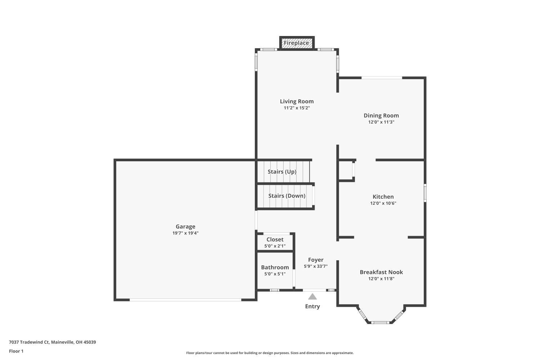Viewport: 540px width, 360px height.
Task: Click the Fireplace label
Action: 296,43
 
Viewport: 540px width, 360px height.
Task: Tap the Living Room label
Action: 297,102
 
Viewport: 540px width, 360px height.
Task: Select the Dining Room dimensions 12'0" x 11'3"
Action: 381,122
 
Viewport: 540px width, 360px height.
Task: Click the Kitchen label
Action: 383,197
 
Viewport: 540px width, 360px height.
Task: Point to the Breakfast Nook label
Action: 381,272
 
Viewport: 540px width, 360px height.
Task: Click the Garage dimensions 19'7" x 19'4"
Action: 185,233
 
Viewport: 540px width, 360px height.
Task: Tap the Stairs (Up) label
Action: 282,172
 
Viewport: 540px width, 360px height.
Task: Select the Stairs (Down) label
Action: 287,196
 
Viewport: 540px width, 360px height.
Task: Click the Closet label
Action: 275,239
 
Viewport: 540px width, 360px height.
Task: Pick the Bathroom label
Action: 275,267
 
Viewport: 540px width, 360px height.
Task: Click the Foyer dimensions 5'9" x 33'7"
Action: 316,266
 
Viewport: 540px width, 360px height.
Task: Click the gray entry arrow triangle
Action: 312,297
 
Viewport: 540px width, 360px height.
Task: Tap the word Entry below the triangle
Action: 312,306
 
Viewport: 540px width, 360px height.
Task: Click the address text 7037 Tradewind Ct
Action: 29,342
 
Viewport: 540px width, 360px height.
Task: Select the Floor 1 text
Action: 16,351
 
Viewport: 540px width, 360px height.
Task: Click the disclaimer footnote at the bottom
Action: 270,353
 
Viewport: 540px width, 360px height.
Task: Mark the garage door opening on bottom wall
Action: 185,300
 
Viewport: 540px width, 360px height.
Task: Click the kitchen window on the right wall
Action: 425,193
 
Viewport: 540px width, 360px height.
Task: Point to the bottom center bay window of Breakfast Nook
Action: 381,323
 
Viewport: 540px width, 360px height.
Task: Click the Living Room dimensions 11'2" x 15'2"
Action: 297,108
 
